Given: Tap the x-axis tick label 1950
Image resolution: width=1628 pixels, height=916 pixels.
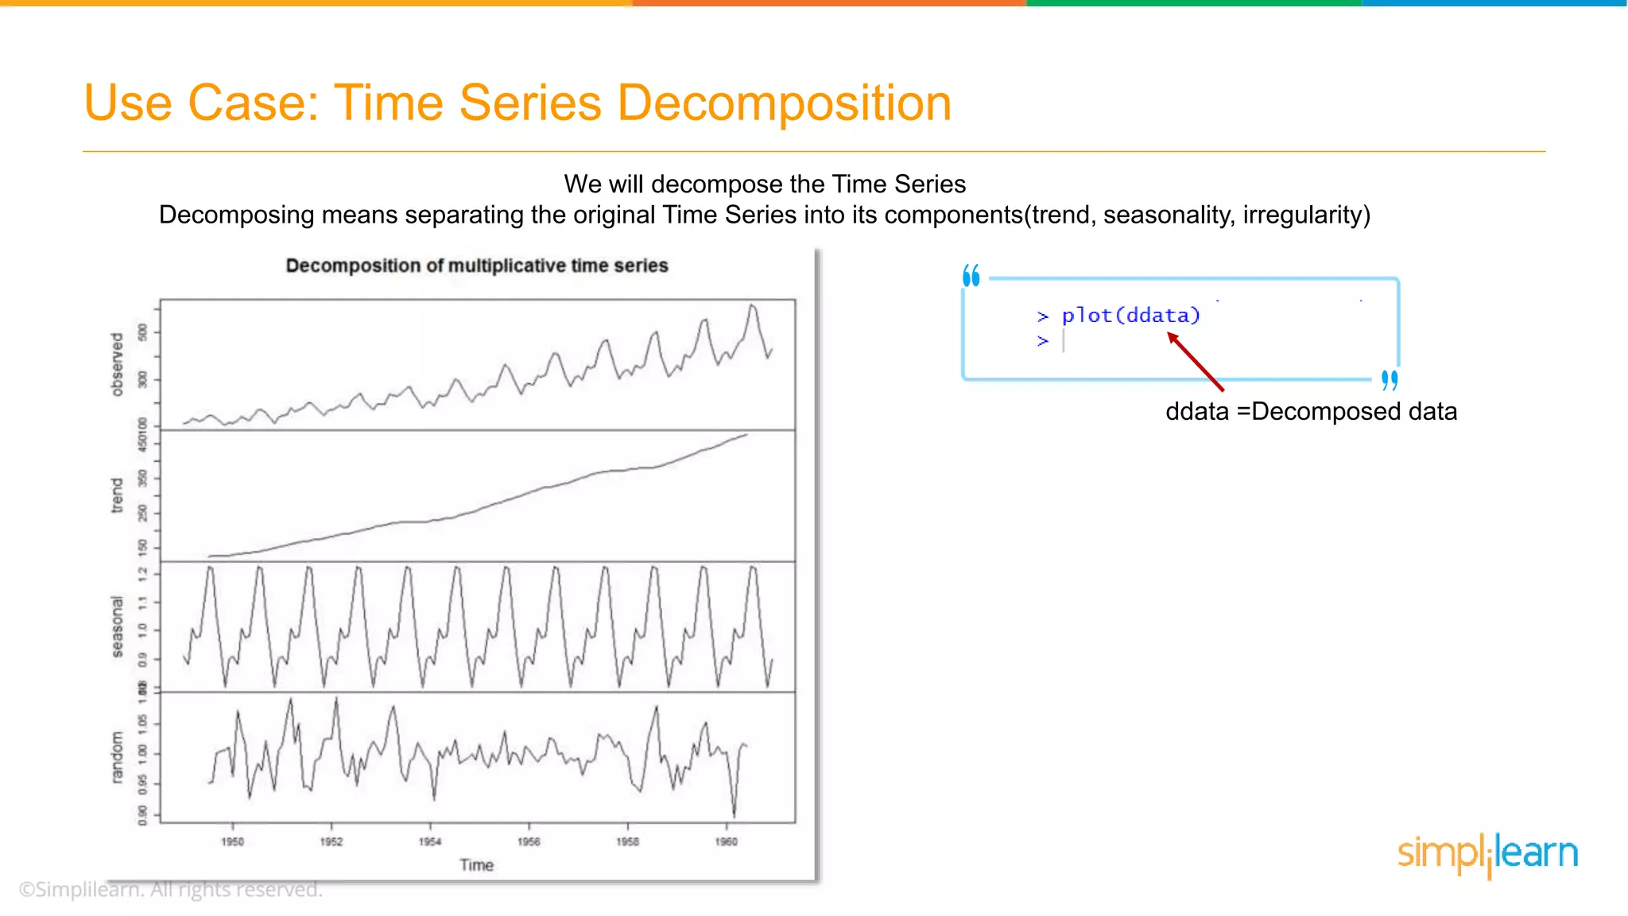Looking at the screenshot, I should coord(232,841).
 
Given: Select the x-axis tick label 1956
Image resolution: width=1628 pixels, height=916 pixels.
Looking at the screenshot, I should coord(529,841).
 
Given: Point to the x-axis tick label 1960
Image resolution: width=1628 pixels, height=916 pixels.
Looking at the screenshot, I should coord(726,841).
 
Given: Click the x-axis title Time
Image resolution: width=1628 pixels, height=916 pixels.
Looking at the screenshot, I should coord(476,865).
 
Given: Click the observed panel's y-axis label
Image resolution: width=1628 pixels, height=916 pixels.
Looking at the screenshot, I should coord(118,364).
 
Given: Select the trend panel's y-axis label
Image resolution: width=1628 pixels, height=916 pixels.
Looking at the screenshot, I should coord(118,495).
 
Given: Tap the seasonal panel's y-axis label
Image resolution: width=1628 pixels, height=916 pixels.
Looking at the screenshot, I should coord(118,627).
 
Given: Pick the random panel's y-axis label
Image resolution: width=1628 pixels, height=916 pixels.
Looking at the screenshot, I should coord(118,757).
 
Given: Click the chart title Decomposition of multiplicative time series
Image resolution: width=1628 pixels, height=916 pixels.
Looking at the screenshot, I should coord(477,266).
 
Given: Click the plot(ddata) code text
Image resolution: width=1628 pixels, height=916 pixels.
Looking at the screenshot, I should coord(1130,316).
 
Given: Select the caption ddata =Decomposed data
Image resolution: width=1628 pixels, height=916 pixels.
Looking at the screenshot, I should coord(1311,412).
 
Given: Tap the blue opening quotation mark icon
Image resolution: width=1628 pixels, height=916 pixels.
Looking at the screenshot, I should coord(971,276).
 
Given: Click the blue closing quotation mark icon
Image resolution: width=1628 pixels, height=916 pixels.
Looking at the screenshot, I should coord(1389,380).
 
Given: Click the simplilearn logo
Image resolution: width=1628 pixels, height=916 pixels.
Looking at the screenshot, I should coord(1487,854).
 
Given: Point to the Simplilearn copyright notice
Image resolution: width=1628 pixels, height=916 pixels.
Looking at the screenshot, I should coord(170,889).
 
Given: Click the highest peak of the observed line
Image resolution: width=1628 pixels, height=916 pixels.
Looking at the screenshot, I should coord(752,305).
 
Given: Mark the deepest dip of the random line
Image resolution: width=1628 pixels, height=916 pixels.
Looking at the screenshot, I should coord(734,816).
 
